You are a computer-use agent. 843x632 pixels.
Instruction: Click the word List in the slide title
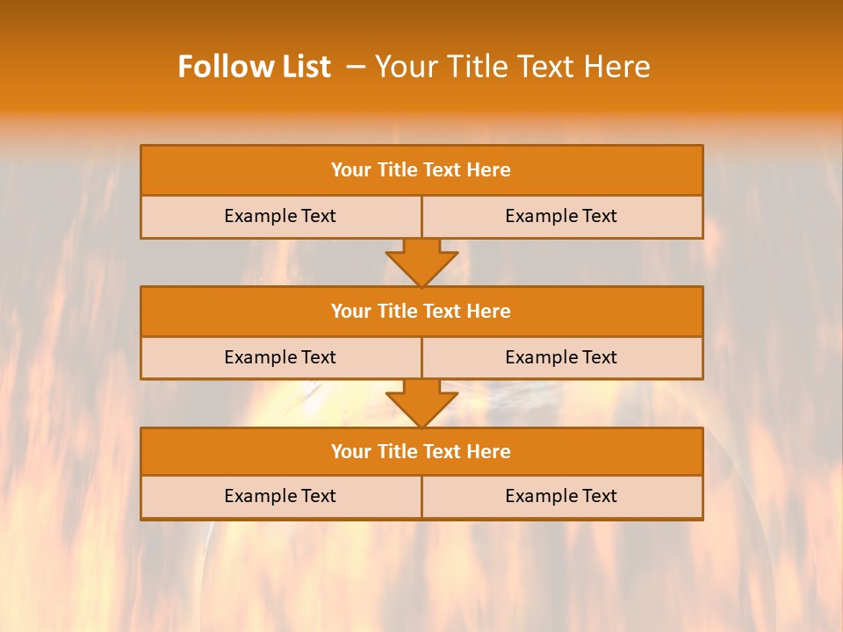tap(301, 67)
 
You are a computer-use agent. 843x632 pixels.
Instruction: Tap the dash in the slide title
tap(356, 67)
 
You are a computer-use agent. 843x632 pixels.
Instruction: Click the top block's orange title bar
tap(421, 170)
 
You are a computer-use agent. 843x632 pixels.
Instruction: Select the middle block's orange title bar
tap(421, 311)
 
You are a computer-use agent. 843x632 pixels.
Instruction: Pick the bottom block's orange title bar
tap(421, 451)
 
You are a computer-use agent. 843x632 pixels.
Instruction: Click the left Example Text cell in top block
tap(280, 217)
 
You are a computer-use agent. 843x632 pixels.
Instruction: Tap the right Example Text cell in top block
tap(562, 217)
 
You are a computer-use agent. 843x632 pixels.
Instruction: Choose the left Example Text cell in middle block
tap(280, 357)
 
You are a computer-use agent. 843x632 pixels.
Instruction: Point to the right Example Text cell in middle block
tap(562, 357)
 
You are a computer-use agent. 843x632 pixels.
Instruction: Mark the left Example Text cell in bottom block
tap(280, 497)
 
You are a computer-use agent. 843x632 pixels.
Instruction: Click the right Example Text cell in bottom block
tap(562, 497)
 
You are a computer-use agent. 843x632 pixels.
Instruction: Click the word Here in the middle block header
tap(489, 311)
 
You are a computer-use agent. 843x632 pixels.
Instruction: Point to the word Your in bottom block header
tap(351, 451)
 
